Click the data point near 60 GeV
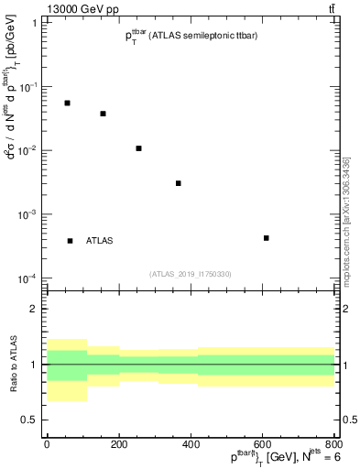[67, 103]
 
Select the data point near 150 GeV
[103, 114]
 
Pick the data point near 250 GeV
[138, 148]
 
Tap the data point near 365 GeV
[179, 183]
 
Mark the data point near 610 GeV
[266, 238]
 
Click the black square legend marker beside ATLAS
[70, 241]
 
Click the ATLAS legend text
[100, 241]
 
